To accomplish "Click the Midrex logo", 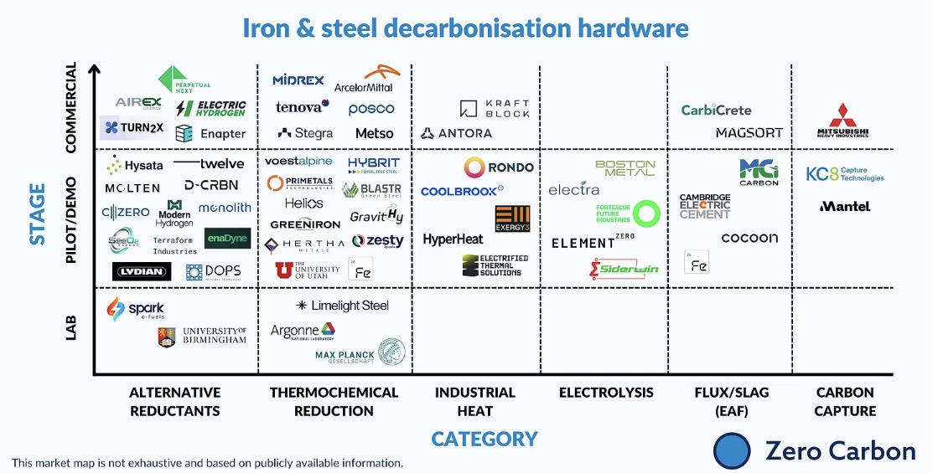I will tap(298, 80).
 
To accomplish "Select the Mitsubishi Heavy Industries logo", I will tap(843, 121).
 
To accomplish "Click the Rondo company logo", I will tap(499, 167).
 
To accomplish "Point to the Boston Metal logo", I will tap(624, 167).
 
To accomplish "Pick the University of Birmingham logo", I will tap(202, 337).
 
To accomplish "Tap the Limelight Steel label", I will tap(343, 306).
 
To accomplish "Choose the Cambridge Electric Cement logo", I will tap(705, 206).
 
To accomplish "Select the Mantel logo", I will tap(845, 206).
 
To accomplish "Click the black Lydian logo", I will tap(142, 271).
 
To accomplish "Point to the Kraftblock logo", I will tap(495, 108).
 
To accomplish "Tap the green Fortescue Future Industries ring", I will tap(646, 213).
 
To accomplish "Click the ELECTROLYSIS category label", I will tap(606, 392).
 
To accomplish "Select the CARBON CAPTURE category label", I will tap(845, 401).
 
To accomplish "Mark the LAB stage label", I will tap(71, 327).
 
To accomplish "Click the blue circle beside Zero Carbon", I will tap(732, 450).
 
